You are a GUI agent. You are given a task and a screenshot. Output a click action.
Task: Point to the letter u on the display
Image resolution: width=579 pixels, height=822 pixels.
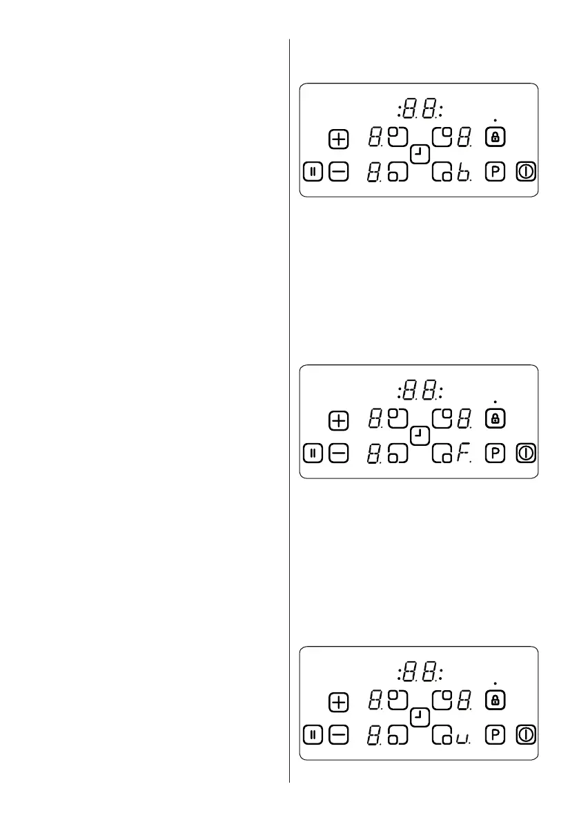(x=462, y=737)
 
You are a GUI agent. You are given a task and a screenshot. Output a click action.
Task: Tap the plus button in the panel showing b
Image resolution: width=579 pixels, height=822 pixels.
(x=338, y=139)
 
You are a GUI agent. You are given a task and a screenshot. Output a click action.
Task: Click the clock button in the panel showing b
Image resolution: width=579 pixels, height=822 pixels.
(x=419, y=154)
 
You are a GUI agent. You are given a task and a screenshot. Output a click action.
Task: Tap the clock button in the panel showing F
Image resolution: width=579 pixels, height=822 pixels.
(x=419, y=436)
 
